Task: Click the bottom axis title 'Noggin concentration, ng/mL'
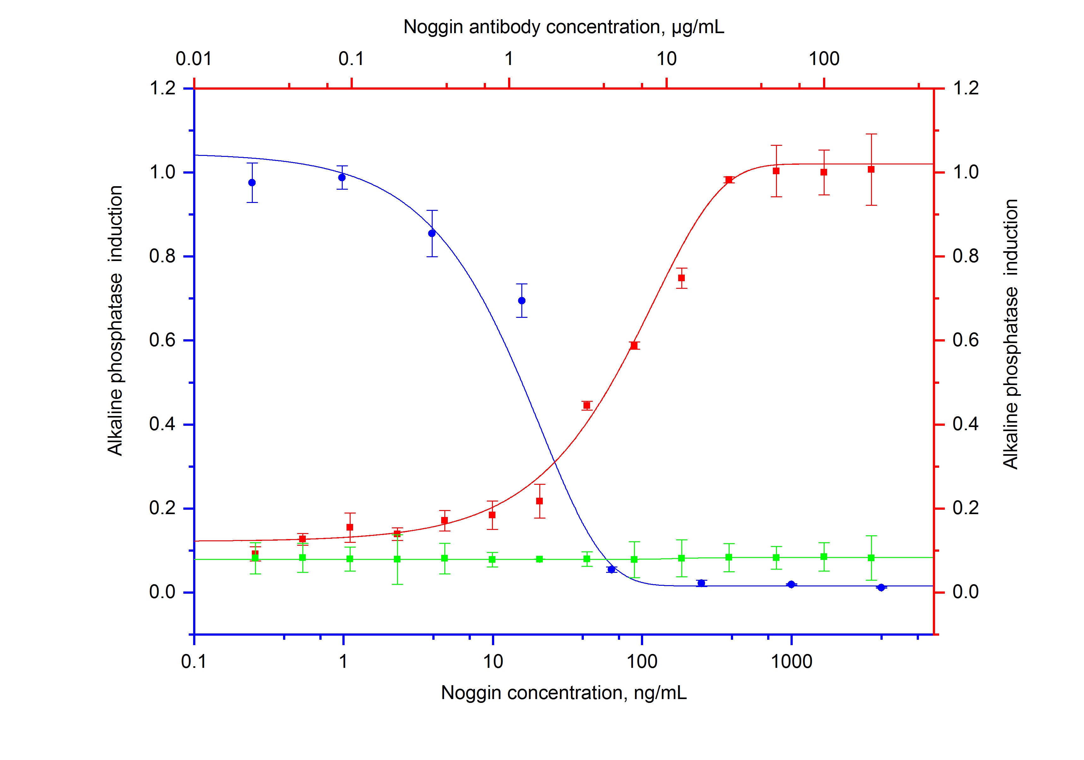pyautogui.click(x=563, y=692)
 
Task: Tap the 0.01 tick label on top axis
pyautogui.click(x=193, y=59)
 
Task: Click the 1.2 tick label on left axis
pyautogui.click(x=163, y=88)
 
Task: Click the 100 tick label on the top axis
pyautogui.click(x=824, y=59)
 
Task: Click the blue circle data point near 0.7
pyautogui.click(x=522, y=301)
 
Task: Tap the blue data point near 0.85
pyautogui.click(x=431, y=233)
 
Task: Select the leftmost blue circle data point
pyautogui.click(x=252, y=183)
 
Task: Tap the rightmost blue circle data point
pyautogui.click(x=880, y=587)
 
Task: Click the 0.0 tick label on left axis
pyautogui.click(x=163, y=592)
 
